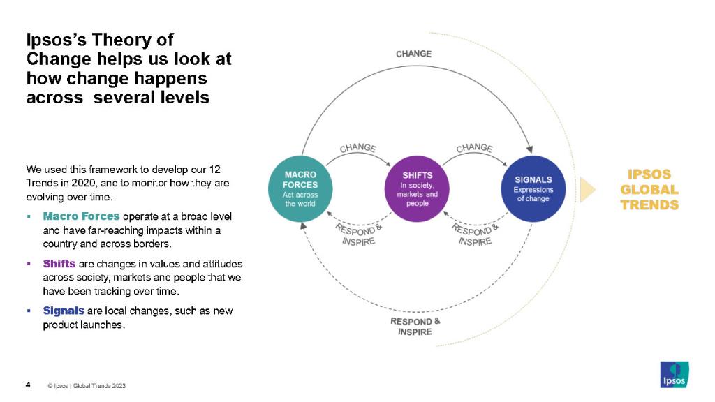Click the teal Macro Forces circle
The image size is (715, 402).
point(300,189)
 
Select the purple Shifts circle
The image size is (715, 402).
point(417,189)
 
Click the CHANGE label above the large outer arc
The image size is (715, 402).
point(414,54)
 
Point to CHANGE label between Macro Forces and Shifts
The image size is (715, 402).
point(358,149)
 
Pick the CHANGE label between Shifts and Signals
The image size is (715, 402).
point(474,149)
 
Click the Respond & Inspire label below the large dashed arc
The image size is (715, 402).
point(415,326)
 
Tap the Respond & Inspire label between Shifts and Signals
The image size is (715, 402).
point(475,233)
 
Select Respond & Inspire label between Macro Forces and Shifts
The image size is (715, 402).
point(358,233)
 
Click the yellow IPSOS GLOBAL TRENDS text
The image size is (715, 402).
point(649,189)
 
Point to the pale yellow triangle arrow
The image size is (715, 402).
point(587,189)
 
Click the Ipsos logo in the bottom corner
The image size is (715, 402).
point(675,374)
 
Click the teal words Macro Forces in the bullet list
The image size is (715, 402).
point(81,216)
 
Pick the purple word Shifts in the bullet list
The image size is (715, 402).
point(59,264)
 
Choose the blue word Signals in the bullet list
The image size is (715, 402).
point(64,311)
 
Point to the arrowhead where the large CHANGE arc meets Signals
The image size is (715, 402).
point(529,149)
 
